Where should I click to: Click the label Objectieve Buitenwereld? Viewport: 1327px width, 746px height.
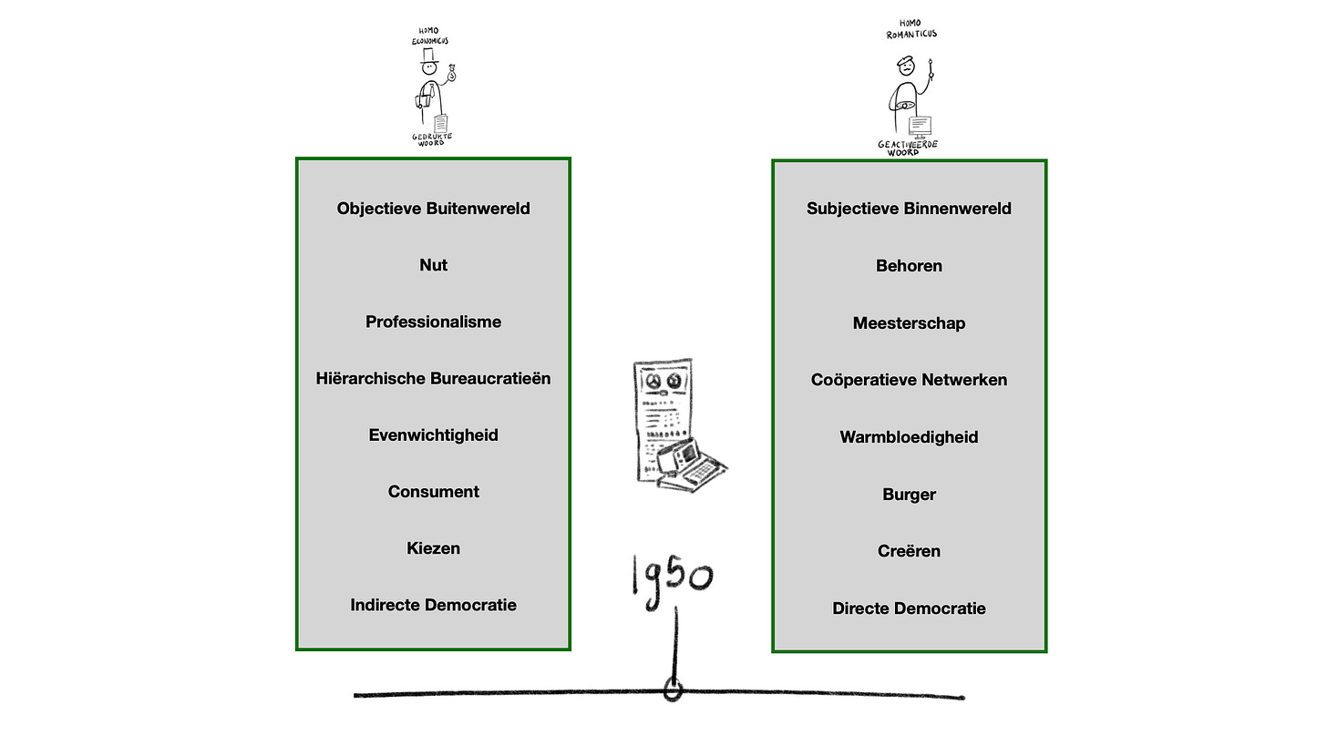(x=433, y=209)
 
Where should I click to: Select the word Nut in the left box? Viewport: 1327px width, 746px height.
(x=433, y=265)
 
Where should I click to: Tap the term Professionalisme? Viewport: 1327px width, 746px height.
(x=433, y=322)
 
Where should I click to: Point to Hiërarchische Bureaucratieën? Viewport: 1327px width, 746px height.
(x=433, y=378)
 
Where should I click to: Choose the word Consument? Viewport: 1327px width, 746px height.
(x=433, y=492)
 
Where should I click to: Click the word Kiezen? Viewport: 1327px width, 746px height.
(x=433, y=548)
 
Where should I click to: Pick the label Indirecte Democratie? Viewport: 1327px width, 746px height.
(x=433, y=605)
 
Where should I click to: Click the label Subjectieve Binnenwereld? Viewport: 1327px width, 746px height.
(x=909, y=209)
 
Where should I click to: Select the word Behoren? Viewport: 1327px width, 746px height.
(x=909, y=266)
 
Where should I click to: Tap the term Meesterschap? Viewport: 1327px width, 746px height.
(x=909, y=323)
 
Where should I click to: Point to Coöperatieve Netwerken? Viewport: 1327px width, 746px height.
(x=909, y=380)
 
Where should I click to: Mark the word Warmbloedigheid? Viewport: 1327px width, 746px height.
(x=909, y=437)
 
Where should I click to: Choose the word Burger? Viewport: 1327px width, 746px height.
(x=909, y=495)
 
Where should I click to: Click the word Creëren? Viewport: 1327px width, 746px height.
(x=909, y=551)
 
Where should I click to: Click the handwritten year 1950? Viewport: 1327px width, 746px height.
(x=673, y=577)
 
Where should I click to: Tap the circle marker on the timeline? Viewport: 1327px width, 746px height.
(x=673, y=691)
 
